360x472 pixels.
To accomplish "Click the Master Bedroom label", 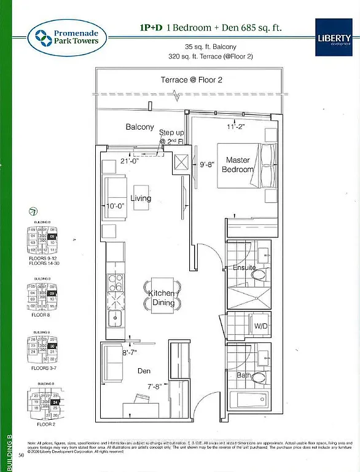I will (x=238, y=164).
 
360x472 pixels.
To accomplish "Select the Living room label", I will (x=141, y=198).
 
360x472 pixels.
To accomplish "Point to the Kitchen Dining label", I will (x=162, y=298).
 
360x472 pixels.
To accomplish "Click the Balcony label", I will (x=140, y=127).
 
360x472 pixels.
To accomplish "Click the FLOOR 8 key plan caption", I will (x=41, y=315).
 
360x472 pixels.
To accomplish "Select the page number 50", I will (x=21, y=455).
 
